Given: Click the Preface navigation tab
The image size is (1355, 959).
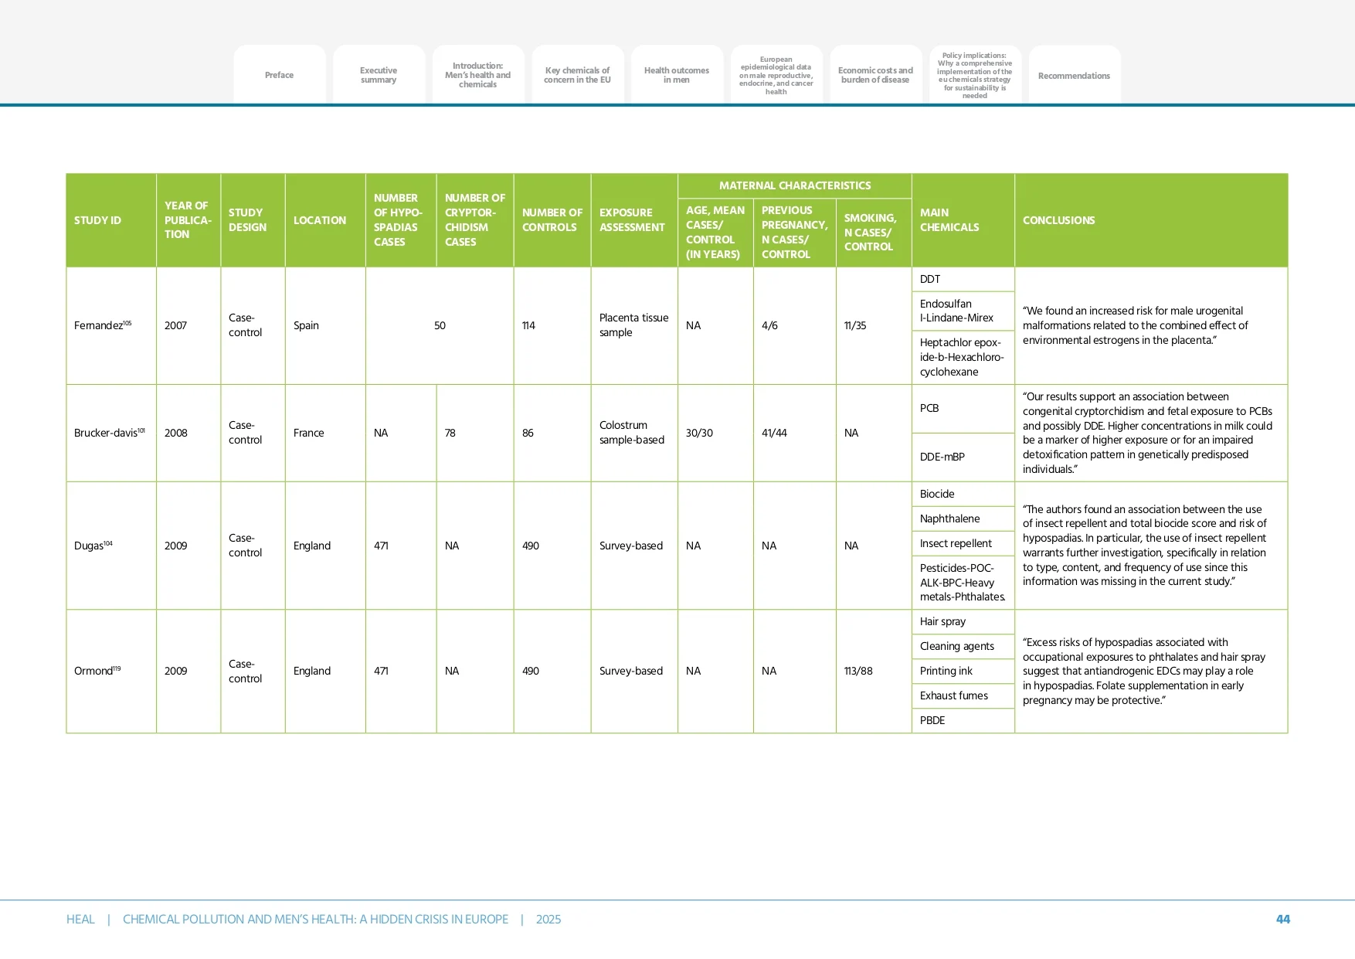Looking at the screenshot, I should (279, 75).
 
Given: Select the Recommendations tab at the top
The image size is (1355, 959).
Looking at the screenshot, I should (1074, 76).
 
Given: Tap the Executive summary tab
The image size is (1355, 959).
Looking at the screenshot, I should (379, 75).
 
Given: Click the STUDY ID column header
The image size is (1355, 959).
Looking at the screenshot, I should (97, 220).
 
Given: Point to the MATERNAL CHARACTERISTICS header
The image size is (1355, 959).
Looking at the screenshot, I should (794, 185).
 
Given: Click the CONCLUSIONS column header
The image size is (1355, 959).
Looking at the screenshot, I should (1058, 220).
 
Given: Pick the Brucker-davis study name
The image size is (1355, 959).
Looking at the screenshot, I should (107, 433).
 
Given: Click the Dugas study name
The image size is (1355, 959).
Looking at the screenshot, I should (90, 546).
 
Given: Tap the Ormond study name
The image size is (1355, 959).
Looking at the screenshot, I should (94, 671).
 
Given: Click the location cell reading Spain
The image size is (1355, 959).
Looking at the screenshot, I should (306, 325).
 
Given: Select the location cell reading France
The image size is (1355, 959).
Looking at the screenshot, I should (308, 433).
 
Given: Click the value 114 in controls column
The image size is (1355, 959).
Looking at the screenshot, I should (528, 325).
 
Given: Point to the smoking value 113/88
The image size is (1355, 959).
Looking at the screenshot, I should (858, 671).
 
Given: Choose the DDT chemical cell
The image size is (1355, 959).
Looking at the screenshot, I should (930, 279).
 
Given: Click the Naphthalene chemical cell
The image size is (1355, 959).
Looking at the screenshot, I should (949, 519).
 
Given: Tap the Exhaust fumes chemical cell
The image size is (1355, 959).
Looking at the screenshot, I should (953, 695).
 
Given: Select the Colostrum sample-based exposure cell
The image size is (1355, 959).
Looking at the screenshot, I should (631, 433).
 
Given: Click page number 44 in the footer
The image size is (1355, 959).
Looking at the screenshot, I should (1282, 919).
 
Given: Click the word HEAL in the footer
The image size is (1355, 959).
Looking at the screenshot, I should (80, 919).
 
